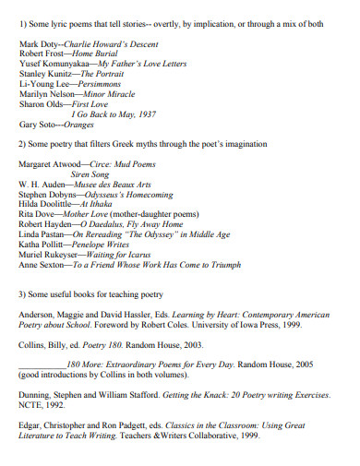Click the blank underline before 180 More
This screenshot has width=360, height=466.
pyautogui.click(x=42, y=365)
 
